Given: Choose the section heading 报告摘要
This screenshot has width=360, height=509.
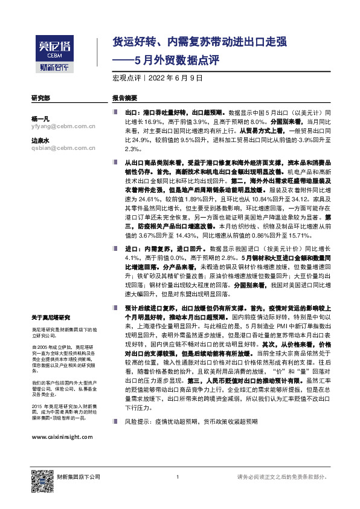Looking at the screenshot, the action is (x=124, y=98).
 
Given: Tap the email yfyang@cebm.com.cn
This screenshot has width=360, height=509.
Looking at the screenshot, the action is (x=56, y=126).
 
